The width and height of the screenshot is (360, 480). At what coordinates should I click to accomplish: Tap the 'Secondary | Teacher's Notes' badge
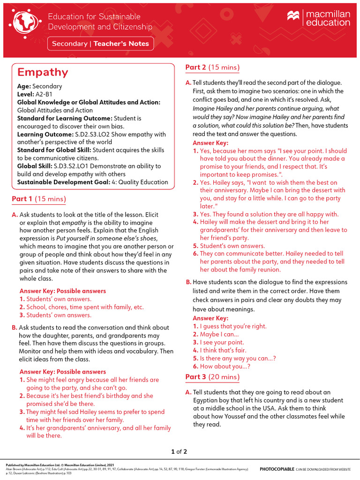(x=100, y=44)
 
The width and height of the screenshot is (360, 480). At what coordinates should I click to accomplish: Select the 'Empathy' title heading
(x=43, y=72)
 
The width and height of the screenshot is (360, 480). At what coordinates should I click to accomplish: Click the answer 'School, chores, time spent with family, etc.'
(x=85, y=307)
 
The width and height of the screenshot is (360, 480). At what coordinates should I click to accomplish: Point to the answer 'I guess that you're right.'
(x=233, y=326)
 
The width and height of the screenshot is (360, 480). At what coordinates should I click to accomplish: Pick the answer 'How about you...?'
(x=225, y=367)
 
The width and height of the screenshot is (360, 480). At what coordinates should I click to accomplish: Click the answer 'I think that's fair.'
(x=229, y=350)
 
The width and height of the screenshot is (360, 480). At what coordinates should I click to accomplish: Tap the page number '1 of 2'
(x=180, y=452)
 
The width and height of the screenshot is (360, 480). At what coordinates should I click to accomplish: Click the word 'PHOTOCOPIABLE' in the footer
(x=277, y=469)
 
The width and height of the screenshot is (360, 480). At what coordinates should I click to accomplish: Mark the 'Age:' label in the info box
(x=24, y=86)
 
